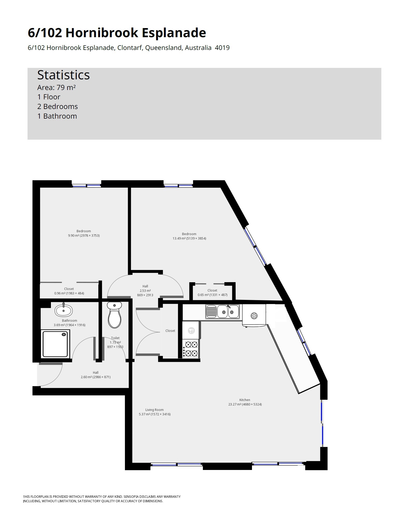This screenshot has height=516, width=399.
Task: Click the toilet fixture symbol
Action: (x=115, y=315)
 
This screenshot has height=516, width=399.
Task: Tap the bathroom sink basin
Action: (x=64, y=310)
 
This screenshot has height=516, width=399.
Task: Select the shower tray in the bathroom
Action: (x=56, y=344)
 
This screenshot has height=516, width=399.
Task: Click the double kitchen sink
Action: (x=223, y=312)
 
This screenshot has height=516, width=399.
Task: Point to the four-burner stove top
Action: (x=191, y=349)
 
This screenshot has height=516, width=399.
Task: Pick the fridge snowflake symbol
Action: (x=254, y=316)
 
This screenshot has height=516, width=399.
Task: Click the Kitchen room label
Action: (x=245, y=400)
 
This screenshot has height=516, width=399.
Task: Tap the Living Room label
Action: (x=155, y=410)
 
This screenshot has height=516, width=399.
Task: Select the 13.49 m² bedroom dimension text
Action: (x=189, y=238)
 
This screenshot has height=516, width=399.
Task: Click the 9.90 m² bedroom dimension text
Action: (x=84, y=235)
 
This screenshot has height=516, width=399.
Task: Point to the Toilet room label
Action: (x=115, y=338)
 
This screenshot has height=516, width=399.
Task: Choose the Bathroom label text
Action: (x=69, y=320)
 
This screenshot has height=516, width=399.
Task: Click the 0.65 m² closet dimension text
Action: (x=212, y=295)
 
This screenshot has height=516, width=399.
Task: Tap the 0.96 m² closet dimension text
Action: (x=69, y=293)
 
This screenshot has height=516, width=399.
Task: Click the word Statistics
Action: (x=63, y=75)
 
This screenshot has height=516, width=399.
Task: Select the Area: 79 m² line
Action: (x=56, y=87)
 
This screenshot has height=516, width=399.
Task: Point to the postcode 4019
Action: (x=222, y=48)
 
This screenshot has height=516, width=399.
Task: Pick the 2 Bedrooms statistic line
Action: (x=57, y=106)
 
